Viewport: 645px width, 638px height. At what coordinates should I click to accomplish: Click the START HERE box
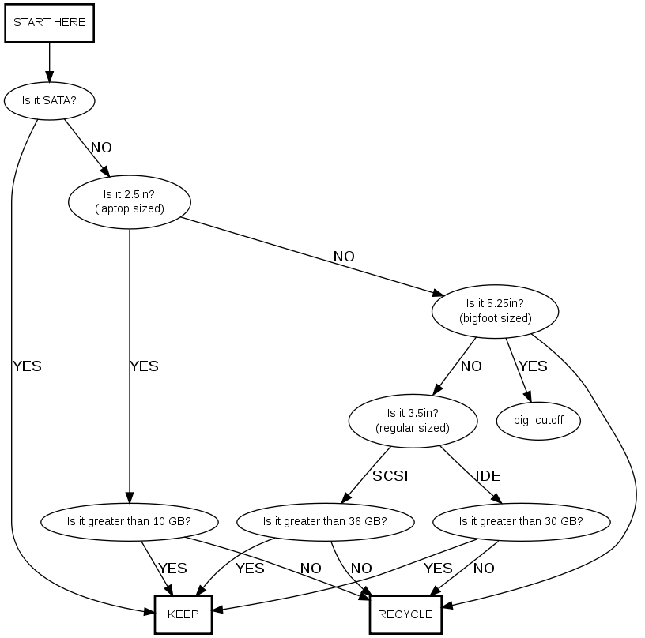click(x=50, y=23)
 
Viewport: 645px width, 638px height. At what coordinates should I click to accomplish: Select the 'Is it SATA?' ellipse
click(x=50, y=101)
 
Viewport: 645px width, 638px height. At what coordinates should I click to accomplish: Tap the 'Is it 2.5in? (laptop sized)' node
click(x=130, y=201)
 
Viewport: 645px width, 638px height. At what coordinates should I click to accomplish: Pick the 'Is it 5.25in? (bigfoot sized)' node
click(x=496, y=310)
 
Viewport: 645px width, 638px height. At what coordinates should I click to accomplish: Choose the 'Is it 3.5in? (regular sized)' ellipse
click(x=413, y=420)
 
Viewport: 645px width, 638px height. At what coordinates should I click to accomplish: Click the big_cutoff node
click(x=538, y=420)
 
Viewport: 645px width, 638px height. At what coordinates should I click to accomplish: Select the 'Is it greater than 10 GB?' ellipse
click(x=130, y=521)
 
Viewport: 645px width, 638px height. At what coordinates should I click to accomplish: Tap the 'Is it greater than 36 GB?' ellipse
click(x=325, y=521)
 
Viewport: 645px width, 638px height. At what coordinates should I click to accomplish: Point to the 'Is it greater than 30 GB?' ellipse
click(x=521, y=521)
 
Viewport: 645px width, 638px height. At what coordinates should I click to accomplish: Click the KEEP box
click(x=183, y=614)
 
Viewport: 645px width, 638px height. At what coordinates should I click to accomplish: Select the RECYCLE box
click(x=405, y=614)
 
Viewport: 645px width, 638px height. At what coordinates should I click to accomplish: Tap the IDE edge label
click(x=488, y=476)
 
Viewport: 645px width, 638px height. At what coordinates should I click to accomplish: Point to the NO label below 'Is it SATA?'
click(x=101, y=148)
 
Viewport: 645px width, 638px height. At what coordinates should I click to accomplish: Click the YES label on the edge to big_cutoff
click(x=533, y=366)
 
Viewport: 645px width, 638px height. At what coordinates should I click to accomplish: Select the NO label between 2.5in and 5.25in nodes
click(x=344, y=257)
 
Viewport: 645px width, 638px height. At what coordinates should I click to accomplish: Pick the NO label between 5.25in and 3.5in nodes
click(x=471, y=366)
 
